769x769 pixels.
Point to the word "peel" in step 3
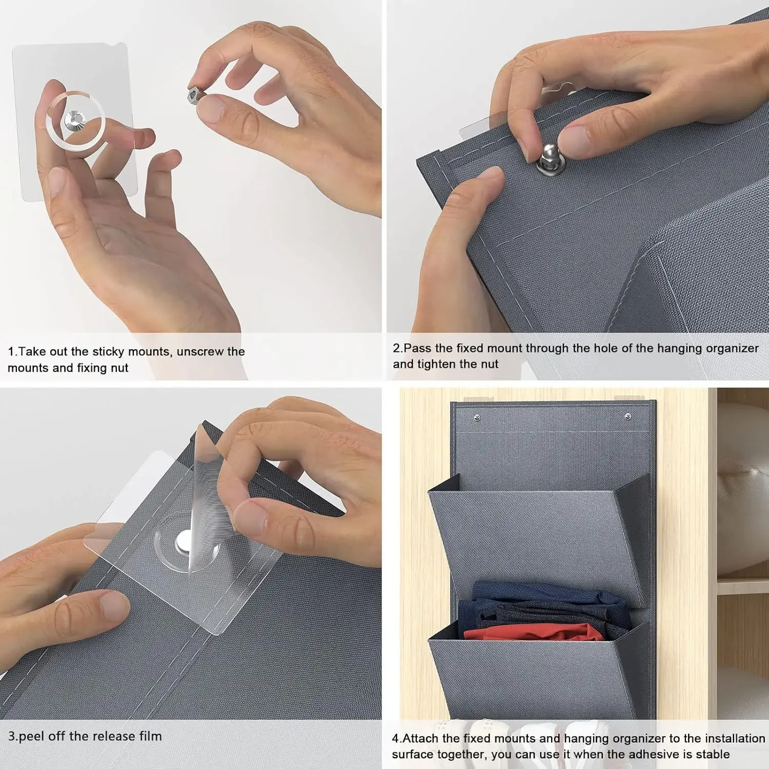[x=32, y=737]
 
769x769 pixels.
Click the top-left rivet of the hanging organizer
[x=477, y=418]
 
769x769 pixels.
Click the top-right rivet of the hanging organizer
[x=628, y=416]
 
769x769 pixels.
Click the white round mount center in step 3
[x=183, y=539]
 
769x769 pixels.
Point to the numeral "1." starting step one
[x=13, y=352]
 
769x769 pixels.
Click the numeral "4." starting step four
[x=397, y=739]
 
